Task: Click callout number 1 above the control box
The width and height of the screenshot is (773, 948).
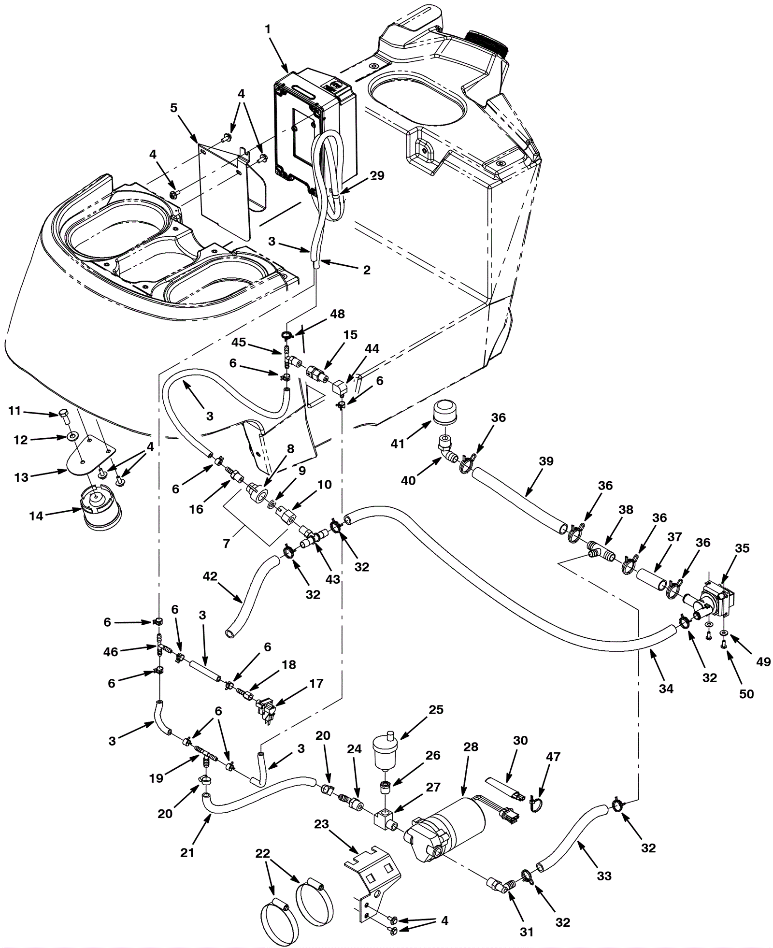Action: [268, 29]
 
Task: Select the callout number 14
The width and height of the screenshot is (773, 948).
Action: [36, 516]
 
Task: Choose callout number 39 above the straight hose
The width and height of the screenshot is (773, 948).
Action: [546, 461]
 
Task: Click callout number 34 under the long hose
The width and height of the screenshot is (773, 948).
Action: [666, 688]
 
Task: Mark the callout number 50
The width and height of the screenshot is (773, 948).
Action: [746, 694]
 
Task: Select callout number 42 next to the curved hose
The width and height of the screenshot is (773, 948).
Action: [210, 576]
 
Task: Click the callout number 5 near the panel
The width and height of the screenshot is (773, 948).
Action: [174, 107]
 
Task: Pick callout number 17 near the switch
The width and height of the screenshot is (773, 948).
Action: [316, 684]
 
